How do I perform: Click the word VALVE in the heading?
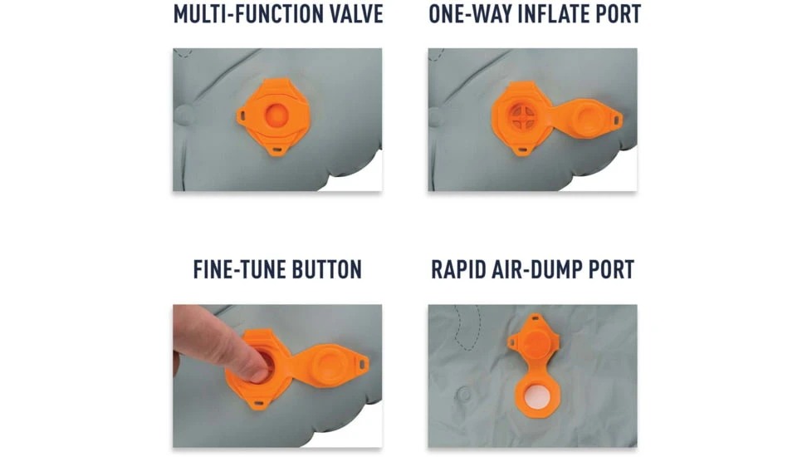coord(357,14)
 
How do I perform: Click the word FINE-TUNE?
coord(239,269)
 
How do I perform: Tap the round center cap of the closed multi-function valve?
coord(276,115)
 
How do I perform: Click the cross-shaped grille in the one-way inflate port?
coord(522,116)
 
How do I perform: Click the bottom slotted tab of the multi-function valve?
coord(277,150)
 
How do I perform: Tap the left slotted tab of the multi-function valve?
coord(242,115)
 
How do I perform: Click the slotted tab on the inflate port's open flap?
coord(617,120)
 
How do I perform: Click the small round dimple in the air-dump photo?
coord(464,395)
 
